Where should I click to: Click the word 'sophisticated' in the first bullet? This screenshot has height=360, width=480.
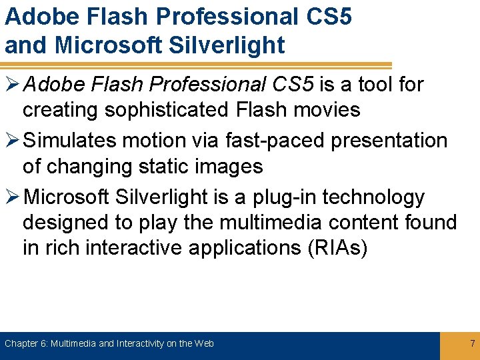pyautogui.click(x=179, y=110)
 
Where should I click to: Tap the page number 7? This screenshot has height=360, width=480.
pyautogui.click(x=472, y=344)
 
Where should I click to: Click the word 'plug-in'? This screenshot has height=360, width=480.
pyautogui.click(x=289, y=197)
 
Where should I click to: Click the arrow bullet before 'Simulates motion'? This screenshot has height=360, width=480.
pyautogui.click(x=11, y=141)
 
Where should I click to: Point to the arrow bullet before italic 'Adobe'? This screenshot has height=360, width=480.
pyautogui.click(x=11, y=85)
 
